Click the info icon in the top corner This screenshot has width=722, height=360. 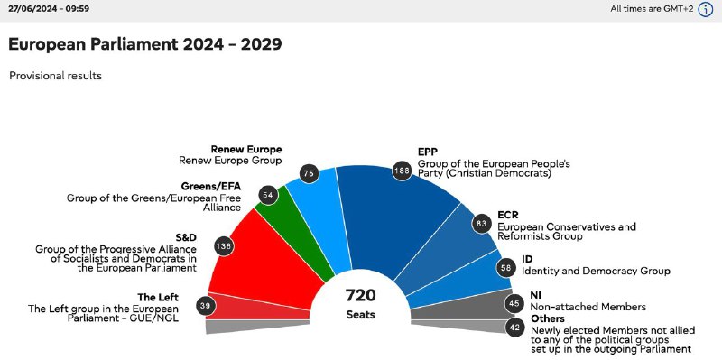click(x=706, y=9)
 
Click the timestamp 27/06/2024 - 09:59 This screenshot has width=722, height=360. click(x=49, y=9)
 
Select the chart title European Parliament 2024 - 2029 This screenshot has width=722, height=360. click(x=145, y=44)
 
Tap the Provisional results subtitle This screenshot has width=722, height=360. click(x=56, y=76)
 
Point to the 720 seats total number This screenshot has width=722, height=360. click(x=361, y=296)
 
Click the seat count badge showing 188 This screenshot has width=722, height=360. click(x=402, y=171)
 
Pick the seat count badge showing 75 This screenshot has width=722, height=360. click(x=309, y=174)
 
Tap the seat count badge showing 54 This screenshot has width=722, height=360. click(x=268, y=195)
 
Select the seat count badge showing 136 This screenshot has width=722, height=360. click(x=223, y=246)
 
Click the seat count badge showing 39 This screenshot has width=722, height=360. click(x=205, y=306)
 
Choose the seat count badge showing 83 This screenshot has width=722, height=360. click(x=482, y=224)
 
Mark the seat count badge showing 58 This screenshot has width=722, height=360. click(x=506, y=268)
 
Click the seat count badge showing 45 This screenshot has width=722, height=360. click(x=514, y=304)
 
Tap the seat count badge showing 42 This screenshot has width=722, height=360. click(x=514, y=328)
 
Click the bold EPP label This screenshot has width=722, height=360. click(x=427, y=152)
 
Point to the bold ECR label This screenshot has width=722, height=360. click(x=508, y=215)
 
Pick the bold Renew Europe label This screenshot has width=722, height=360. click(x=246, y=149)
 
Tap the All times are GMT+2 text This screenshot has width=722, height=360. click(x=652, y=9)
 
